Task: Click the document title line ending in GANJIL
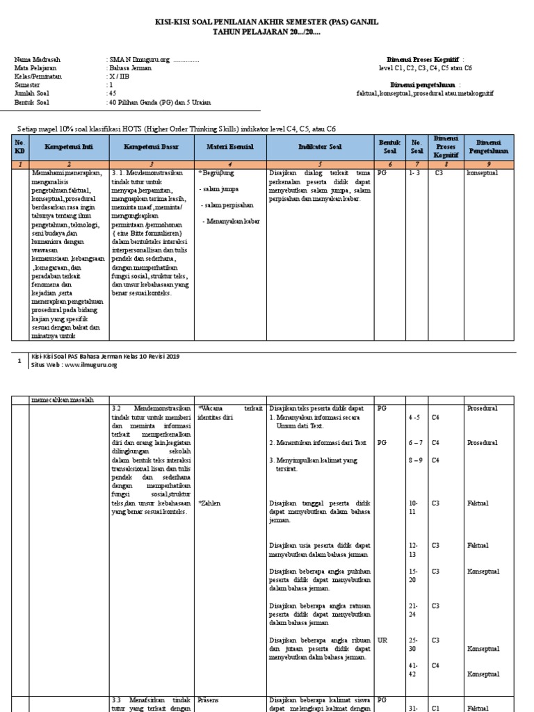[x=266, y=23]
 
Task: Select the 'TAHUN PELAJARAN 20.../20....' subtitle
[x=266, y=32]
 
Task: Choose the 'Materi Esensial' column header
[x=229, y=147]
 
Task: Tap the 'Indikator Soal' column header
[x=320, y=147]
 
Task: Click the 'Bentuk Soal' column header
[x=388, y=147]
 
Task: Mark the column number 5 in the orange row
[x=320, y=163]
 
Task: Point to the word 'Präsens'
[x=209, y=700]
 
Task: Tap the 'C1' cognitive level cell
[x=436, y=709]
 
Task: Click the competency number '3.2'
[x=117, y=408]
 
